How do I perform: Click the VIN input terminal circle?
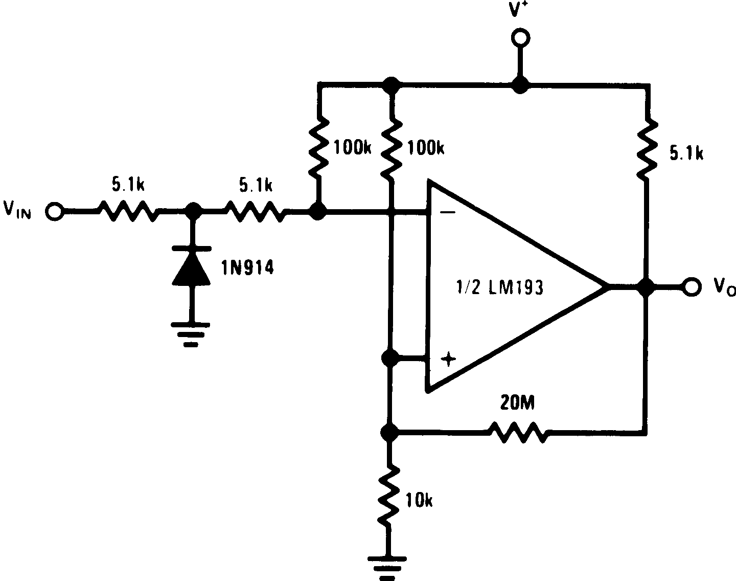pos(54,211)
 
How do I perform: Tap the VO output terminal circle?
pos(692,287)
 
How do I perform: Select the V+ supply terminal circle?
pos(520,38)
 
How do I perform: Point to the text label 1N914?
pos(247,267)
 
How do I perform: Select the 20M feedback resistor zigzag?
pos(519,432)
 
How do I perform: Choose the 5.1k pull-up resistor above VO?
pos(647,148)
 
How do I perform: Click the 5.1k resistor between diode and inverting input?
pos(255,211)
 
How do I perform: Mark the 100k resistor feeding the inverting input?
pos(318,148)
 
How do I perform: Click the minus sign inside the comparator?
pos(448,213)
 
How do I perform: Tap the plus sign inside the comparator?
pos(448,360)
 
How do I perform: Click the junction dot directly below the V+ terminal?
pos(520,85)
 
